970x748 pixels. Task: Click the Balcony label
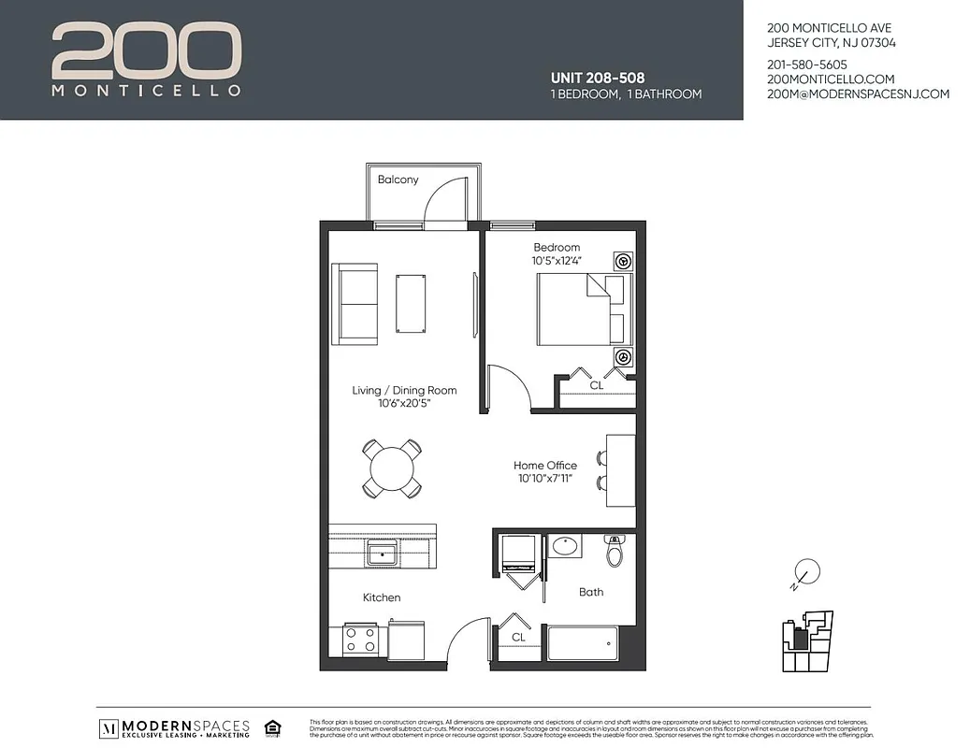(x=398, y=180)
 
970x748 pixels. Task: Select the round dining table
(x=392, y=467)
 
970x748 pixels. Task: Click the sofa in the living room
(x=355, y=304)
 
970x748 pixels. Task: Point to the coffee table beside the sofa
(x=411, y=302)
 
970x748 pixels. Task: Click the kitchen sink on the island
(x=382, y=554)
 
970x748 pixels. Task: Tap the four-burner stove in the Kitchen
(x=360, y=640)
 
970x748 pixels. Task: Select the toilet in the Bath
(x=615, y=553)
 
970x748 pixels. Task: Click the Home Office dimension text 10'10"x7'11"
(x=544, y=479)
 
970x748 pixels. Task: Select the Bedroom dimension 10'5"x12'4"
(x=557, y=260)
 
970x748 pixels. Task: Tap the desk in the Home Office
(x=620, y=470)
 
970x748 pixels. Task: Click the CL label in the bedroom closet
(x=596, y=384)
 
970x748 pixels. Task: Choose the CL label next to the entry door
(x=518, y=637)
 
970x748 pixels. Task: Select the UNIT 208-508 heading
(x=598, y=78)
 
